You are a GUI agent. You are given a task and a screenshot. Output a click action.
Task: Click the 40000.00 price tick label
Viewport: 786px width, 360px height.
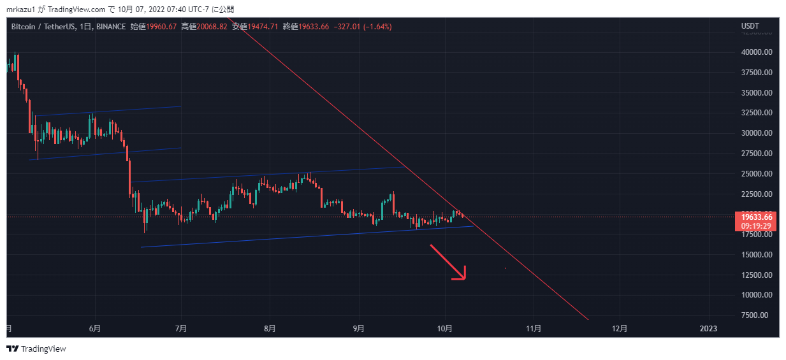pyautogui.click(x=756, y=52)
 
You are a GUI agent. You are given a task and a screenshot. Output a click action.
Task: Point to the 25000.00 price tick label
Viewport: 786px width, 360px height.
pyautogui.click(x=756, y=174)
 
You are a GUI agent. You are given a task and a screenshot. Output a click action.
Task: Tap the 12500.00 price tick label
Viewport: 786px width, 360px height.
pyautogui.click(x=756, y=275)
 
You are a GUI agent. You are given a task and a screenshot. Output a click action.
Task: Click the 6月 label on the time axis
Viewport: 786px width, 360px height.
pyautogui.click(x=95, y=329)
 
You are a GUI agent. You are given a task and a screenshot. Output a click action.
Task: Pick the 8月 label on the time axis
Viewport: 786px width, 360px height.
pyautogui.click(x=270, y=329)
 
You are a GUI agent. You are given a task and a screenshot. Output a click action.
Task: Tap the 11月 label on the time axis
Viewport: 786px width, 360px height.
pyautogui.click(x=534, y=329)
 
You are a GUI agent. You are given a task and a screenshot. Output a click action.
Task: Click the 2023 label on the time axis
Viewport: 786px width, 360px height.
pyautogui.click(x=708, y=329)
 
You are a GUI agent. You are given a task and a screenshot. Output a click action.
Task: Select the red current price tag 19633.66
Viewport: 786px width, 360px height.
pyautogui.click(x=756, y=217)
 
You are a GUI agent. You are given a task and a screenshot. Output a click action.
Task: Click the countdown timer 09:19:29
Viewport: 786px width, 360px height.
pyautogui.click(x=756, y=226)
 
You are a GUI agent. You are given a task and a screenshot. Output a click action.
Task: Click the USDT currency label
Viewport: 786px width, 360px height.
pyautogui.click(x=750, y=27)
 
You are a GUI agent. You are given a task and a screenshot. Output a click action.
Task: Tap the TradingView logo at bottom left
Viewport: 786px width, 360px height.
pyautogui.click(x=36, y=349)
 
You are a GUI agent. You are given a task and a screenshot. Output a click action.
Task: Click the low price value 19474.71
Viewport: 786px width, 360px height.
pyautogui.click(x=263, y=27)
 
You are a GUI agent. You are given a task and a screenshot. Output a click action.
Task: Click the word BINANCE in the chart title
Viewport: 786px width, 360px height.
pyautogui.click(x=112, y=27)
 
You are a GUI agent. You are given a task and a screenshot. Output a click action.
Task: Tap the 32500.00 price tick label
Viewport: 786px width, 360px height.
pyautogui.click(x=756, y=113)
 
